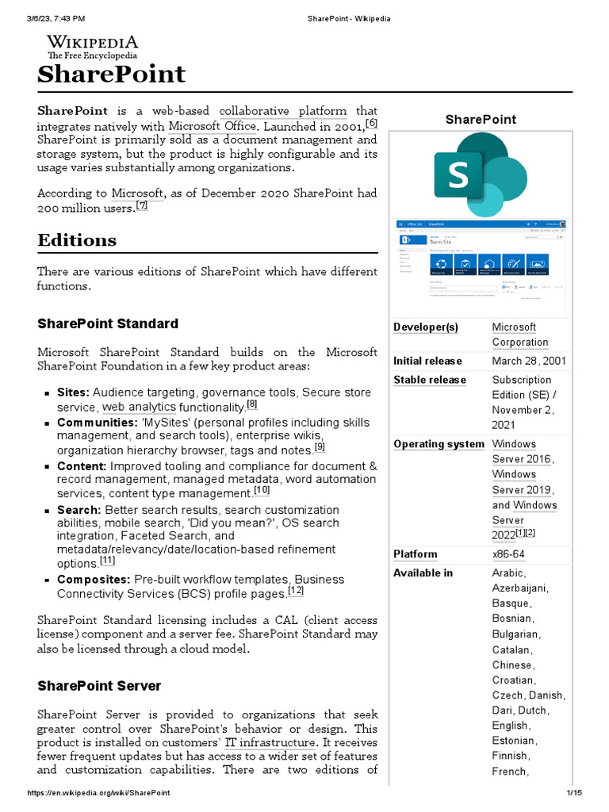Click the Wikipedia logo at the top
coord(92,47)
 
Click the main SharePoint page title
coord(111,75)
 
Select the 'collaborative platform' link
coord(282,111)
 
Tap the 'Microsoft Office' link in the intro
coord(213,126)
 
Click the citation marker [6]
coord(371,123)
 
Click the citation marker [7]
coord(142,205)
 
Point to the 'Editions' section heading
coord(77,240)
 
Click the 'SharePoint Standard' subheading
coord(108,324)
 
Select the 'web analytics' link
coord(139,407)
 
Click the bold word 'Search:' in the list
coord(79,510)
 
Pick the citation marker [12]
coord(296,591)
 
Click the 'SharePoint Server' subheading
coord(99,686)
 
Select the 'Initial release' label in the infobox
coord(427,361)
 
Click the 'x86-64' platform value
coord(508,553)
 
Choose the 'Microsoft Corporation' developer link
coord(519,335)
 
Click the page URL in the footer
coord(98,793)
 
